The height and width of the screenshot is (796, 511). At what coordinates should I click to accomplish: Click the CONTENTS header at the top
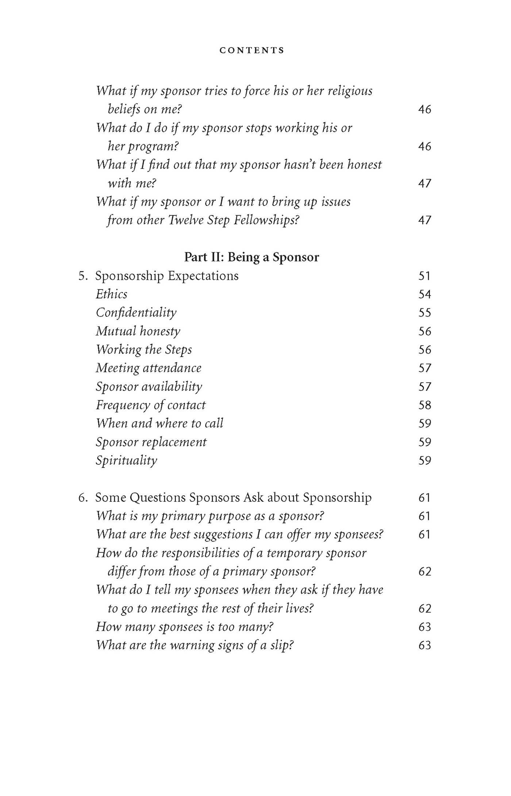tap(252, 50)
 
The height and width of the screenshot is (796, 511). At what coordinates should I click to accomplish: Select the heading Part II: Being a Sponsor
tap(251, 257)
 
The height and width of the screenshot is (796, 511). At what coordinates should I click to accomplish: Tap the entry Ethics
tap(112, 294)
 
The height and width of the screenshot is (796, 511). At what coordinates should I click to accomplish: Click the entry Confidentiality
tap(136, 313)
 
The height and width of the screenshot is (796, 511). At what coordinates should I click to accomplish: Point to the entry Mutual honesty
tap(138, 331)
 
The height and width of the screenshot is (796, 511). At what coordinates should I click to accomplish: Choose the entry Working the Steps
tap(144, 350)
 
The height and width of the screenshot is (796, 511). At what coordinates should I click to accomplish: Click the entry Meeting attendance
tap(149, 368)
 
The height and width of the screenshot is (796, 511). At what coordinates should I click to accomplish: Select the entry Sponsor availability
tap(149, 387)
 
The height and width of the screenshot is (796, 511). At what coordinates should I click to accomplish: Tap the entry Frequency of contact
tap(151, 405)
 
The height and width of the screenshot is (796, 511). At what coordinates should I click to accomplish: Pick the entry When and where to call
tap(160, 423)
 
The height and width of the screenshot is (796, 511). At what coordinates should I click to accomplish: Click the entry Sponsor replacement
tap(151, 442)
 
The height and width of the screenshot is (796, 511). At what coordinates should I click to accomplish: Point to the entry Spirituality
tap(126, 461)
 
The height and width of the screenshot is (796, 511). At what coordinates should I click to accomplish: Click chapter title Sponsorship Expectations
tap(167, 276)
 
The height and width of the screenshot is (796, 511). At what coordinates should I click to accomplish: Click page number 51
tap(424, 276)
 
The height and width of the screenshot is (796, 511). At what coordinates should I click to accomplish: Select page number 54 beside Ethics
tap(424, 294)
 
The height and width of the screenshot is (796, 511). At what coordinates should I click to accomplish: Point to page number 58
tap(424, 405)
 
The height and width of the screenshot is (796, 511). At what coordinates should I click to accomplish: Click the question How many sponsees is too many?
tap(185, 627)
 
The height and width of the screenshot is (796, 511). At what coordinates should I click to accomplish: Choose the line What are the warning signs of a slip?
tap(195, 645)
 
